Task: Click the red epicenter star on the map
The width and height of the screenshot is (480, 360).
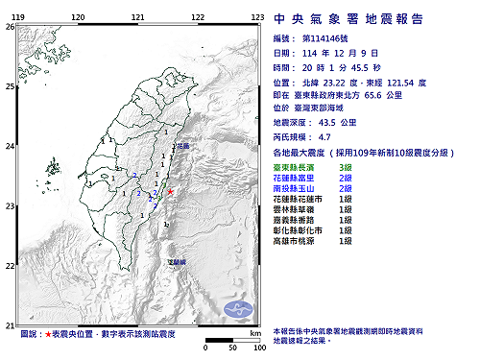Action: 170,192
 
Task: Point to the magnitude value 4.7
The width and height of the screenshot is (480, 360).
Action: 327,137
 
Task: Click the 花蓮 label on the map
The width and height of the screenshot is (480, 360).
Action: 182,146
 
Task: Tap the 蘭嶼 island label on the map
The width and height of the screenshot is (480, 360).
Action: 176,261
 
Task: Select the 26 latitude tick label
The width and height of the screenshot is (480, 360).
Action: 10,27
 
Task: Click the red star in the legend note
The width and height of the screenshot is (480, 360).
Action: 49,333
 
